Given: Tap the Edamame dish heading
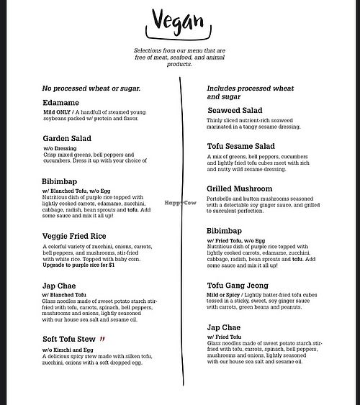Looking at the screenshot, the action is [60, 103].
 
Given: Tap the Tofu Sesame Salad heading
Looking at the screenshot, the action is [246, 146].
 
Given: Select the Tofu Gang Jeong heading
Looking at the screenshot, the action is [243, 286].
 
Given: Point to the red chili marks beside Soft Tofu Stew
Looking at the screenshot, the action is [103, 338].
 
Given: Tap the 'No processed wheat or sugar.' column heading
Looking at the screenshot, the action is [90, 88].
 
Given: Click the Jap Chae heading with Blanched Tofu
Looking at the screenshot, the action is [61, 286].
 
